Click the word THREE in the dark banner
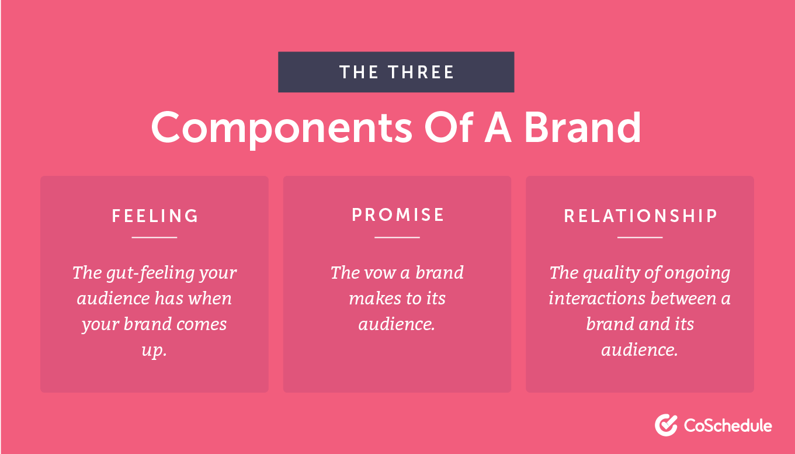click(421, 72)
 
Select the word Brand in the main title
click(583, 127)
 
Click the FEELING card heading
click(155, 216)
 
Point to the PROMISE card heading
click(397, 215)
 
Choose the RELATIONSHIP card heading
click(640, 216)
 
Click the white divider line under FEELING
click(154, 237)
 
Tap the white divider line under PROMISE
click(397, 237)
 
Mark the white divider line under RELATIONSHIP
click(640, 237)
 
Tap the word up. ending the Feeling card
click(154, 351)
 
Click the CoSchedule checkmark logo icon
click(666, 425)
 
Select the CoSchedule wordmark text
click(728, 425)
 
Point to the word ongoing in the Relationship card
click(697, 273)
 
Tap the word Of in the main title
click(449, 127)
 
